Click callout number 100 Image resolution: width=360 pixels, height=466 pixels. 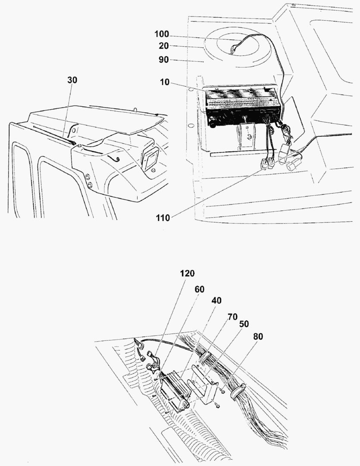click(162, 34)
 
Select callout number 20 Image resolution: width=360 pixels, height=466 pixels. click(164, 46)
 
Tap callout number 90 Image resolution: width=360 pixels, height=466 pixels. click(164, 60)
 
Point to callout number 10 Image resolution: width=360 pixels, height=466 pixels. click(165, 82)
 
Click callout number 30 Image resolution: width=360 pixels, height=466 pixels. click(72, 80)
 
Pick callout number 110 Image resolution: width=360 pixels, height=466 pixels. click(163, 218)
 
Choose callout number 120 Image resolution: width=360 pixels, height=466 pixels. click(187, 273)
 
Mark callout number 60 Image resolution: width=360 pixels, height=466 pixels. click(200, 289)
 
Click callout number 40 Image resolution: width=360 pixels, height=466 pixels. click(216, 300)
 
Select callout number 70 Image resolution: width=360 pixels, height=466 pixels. click(232, 317)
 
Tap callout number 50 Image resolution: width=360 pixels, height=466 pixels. click(244, 324)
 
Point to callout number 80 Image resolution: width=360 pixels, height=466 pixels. click(258, 337)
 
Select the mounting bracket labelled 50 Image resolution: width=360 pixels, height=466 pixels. click(205, 384)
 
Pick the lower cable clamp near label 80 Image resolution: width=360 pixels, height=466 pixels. click(238, 392)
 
